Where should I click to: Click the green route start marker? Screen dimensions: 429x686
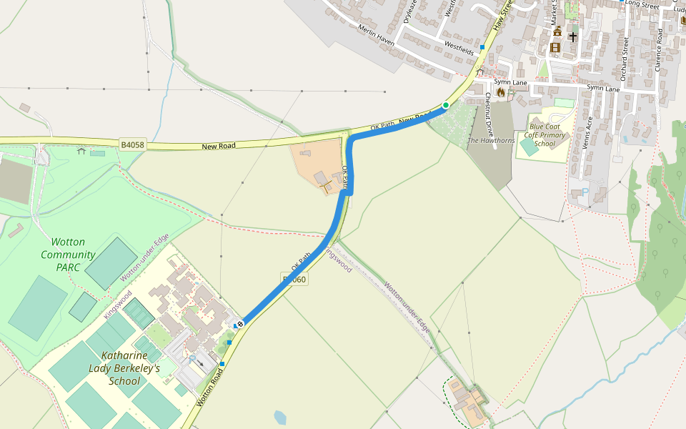445,105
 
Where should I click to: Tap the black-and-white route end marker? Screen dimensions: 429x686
241,324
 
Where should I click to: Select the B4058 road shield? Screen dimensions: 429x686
132,145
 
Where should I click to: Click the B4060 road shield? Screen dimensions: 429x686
295,280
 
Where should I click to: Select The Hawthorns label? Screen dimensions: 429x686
491,141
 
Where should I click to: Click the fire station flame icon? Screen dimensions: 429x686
500,92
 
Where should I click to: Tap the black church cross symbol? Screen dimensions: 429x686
572,36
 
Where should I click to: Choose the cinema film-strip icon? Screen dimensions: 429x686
555,48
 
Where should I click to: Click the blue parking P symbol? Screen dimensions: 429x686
585,192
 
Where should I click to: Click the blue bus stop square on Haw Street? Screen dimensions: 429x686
482,47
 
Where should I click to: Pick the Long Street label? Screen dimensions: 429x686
641,4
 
